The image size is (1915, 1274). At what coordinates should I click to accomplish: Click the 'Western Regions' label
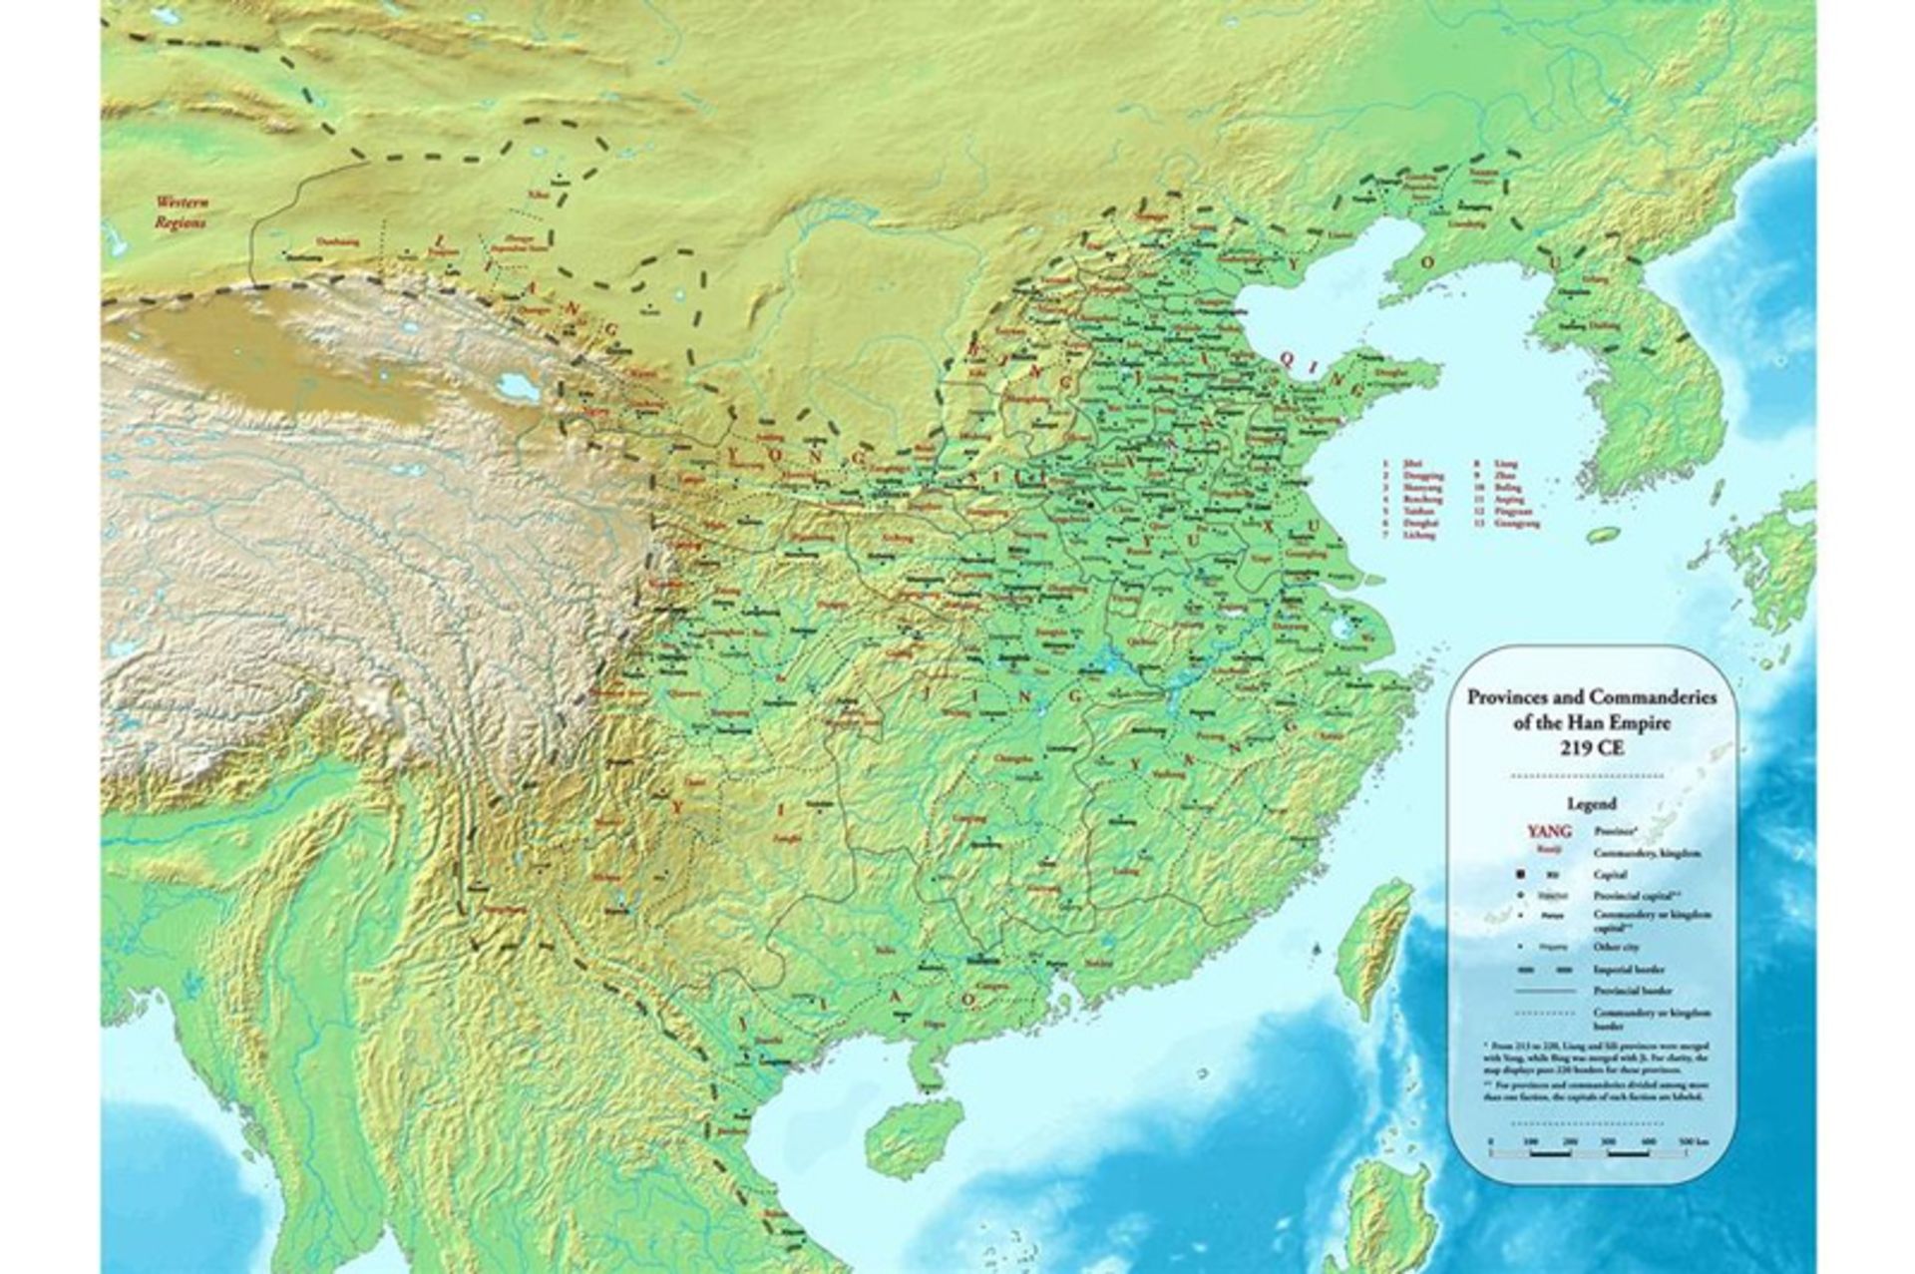click(x=181, y=212)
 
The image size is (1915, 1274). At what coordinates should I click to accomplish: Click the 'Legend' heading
click(x=1591, y=803)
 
